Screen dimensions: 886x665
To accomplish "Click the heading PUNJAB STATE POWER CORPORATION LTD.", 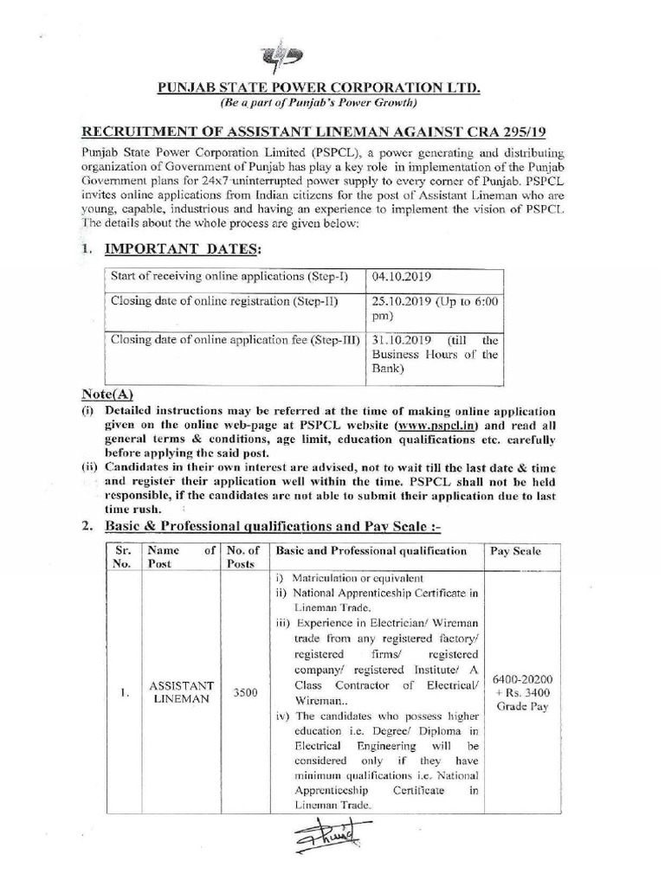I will coord(319,88).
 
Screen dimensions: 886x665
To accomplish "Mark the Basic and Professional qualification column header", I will coord(371,551).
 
